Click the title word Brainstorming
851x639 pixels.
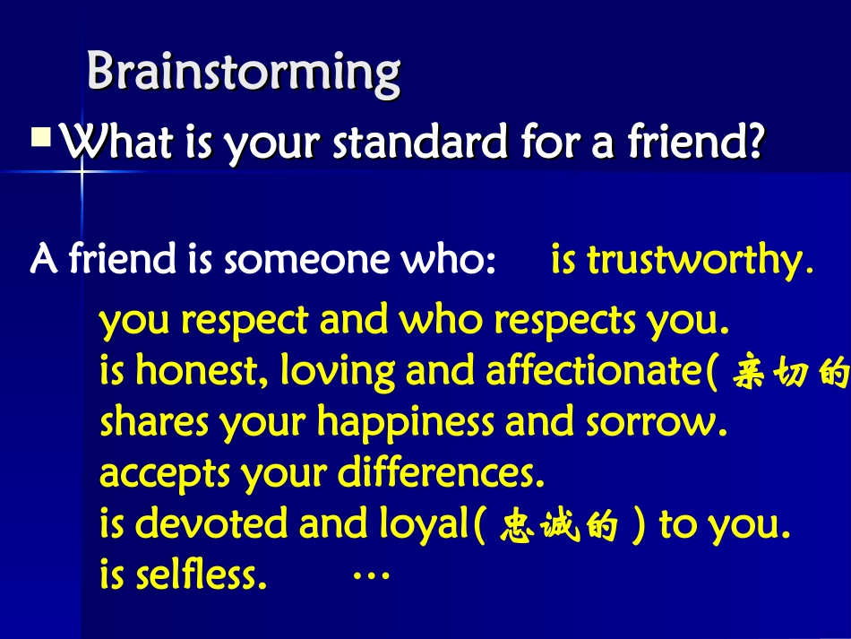243,72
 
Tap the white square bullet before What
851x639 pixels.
41,139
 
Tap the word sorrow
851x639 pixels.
659,422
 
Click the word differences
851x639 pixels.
441,473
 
